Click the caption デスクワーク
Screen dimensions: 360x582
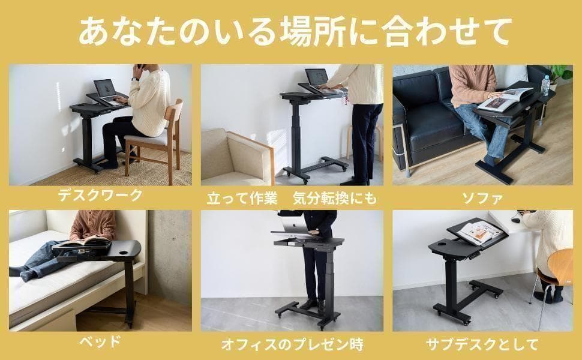tap(100, 195)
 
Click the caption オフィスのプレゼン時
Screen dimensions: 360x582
tap(292, 344)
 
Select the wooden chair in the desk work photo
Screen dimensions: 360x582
tap(157, 141)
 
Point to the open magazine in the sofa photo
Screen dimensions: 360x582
tap(506, 98)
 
